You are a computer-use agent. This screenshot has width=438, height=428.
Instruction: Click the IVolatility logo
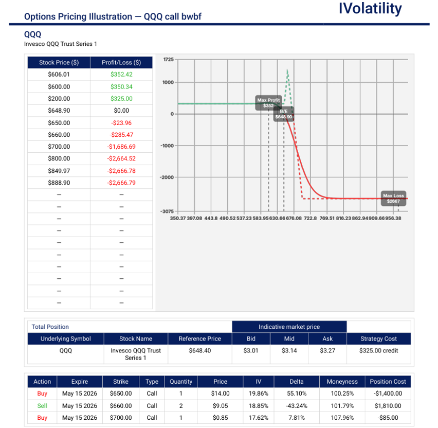point(370,9)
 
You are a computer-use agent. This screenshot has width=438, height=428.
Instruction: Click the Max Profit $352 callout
point(269,102)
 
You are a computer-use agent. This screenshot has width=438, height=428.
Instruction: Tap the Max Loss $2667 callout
point(394,198)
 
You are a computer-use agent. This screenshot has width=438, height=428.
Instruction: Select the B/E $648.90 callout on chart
point(283,114)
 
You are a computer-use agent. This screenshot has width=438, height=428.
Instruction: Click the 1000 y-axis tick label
point(168,82)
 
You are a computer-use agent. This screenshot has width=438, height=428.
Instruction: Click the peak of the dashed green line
point(287,70)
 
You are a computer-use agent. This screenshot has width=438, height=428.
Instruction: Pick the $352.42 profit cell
point(121,75)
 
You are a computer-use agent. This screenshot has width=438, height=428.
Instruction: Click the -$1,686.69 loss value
point(121,147)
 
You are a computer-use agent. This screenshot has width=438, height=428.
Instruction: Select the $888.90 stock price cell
point(59,183)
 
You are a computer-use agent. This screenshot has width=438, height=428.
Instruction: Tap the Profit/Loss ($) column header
point(121,63)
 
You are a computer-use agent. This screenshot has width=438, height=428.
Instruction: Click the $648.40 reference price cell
point(199,350)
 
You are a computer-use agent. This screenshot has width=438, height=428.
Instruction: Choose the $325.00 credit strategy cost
point(378,350)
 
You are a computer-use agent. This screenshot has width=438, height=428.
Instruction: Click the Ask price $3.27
point(327,350)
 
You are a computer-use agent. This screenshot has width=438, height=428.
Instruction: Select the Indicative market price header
point(289,327)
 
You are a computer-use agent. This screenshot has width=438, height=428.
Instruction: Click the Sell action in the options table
point(42,406)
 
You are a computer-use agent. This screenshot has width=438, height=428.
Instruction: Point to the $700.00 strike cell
point(121,418)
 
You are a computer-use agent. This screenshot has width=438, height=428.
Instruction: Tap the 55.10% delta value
point(297,394)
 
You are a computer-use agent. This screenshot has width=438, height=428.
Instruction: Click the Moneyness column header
point(342,382)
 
